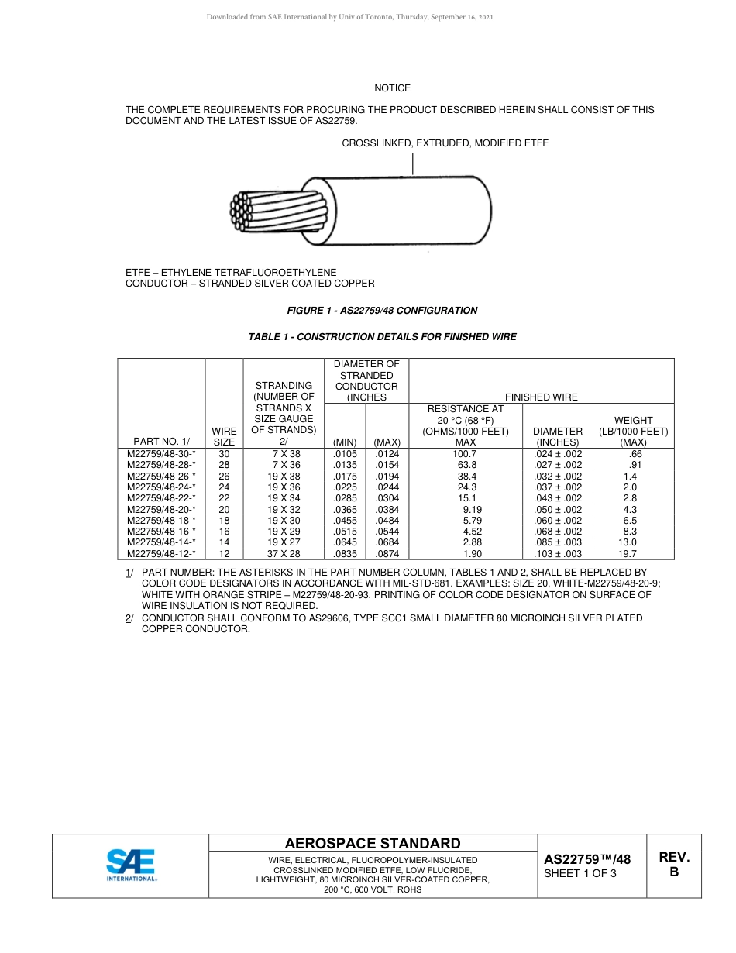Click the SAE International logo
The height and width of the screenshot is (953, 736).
click(x=131, y=865)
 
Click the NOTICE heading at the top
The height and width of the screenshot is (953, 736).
click(x=392, y=88)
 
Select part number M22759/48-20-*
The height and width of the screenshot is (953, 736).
click(x=161, y=510)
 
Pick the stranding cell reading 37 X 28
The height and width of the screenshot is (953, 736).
click(x=284, y=554)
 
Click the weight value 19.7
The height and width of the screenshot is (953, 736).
click(x=627, y=554)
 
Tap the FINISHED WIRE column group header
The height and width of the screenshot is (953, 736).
click(x=541, y=397)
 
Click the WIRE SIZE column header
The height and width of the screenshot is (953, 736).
click(x=224, y=436)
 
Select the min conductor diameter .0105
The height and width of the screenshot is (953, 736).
click(x=344, y=454)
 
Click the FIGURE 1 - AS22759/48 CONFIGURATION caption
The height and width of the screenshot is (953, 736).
click(x=382, y=311)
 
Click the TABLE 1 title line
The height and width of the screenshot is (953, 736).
click(x=382, y=337)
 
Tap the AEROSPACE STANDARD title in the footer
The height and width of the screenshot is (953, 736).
click(x=373, y=844)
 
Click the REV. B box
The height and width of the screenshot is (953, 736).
click(x=673, y=865)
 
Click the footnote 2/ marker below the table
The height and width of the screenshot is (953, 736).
click(x=129, y=618)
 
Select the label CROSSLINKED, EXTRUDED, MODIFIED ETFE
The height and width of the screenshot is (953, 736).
click(x=445, y=143)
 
